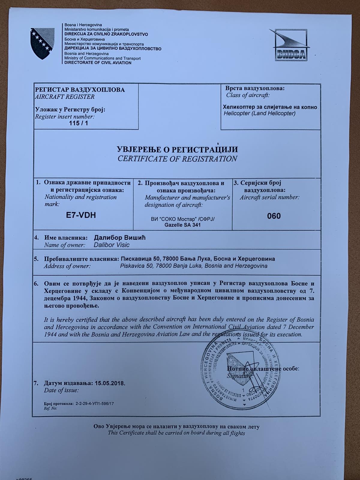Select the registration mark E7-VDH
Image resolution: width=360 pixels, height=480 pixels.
pyautogui.click(x=81, y=215)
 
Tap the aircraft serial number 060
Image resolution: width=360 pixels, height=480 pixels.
pyautogui.click(x=274, y=216)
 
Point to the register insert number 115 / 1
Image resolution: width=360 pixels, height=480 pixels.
pyautogui.click(x=78, y=123)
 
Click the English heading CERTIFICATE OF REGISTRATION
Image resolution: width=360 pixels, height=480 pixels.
pyautogui.click(x=177, y=159)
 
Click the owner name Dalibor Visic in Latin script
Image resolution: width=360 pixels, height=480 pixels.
pyautogui.click(x=112, y=245)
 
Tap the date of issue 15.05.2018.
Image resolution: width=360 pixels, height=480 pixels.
pyautogui.click(x=110, y=383)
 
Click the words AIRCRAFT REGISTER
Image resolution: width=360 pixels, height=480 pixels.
pyautogui.click(x=65, y=97)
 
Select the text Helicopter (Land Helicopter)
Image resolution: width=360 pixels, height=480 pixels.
pyautogui.click(x=259, y=113)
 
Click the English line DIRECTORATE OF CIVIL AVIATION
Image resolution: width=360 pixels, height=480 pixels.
pyautogui.click(x=98, y=63)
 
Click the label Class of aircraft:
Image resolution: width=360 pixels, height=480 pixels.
pyautogui.click(x=248, y=95)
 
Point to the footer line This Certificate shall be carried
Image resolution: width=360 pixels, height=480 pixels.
pyautogui.click(x=176, y=433)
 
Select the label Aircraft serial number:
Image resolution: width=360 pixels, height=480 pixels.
pyautogui.click(x=269, y=197)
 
